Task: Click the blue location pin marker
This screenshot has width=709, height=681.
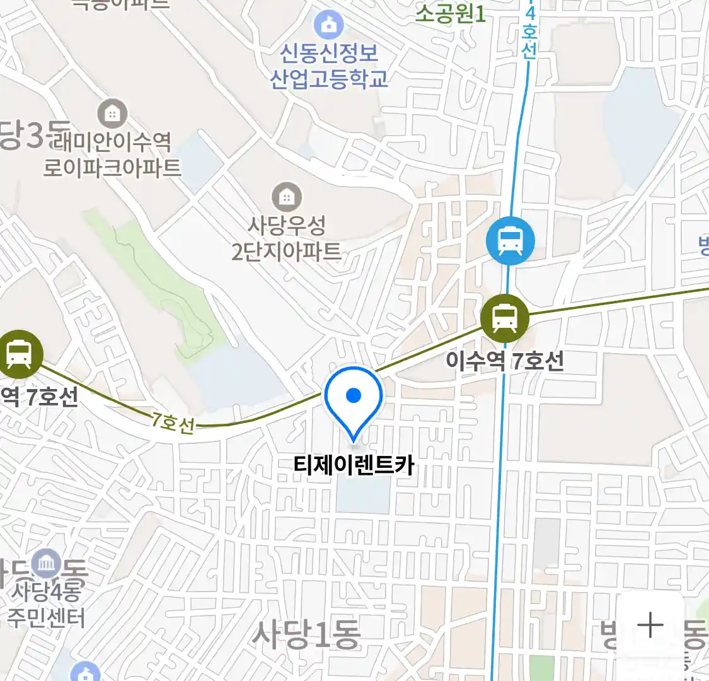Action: pos(354,399)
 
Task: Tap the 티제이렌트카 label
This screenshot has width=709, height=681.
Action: pos(354,465)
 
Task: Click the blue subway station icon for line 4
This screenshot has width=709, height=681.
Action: pos(510,241)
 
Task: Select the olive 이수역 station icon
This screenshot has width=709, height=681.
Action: pos(504,318)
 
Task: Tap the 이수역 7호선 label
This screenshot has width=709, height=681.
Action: pos(505,361)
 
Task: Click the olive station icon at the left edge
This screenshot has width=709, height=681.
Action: pos(19,354)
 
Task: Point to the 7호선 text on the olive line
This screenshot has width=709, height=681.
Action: pos(172,422)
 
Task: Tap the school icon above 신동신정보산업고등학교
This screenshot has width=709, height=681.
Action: pos(328,26)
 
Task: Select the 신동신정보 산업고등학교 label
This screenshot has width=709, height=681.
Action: pos(328,66)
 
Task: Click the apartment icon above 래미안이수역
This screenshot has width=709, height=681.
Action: pos(112,114)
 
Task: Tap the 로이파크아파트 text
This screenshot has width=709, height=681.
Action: pos(112,167)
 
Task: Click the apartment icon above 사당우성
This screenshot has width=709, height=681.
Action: pos(287,197)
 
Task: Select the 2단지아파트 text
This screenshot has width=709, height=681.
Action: pos(287,251)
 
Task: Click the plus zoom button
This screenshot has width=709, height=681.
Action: pos(650,625)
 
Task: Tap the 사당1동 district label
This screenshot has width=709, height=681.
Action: pos(306,634)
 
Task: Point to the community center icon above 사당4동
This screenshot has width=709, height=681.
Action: pos(46,563)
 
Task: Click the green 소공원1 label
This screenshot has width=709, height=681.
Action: pos(451,13)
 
